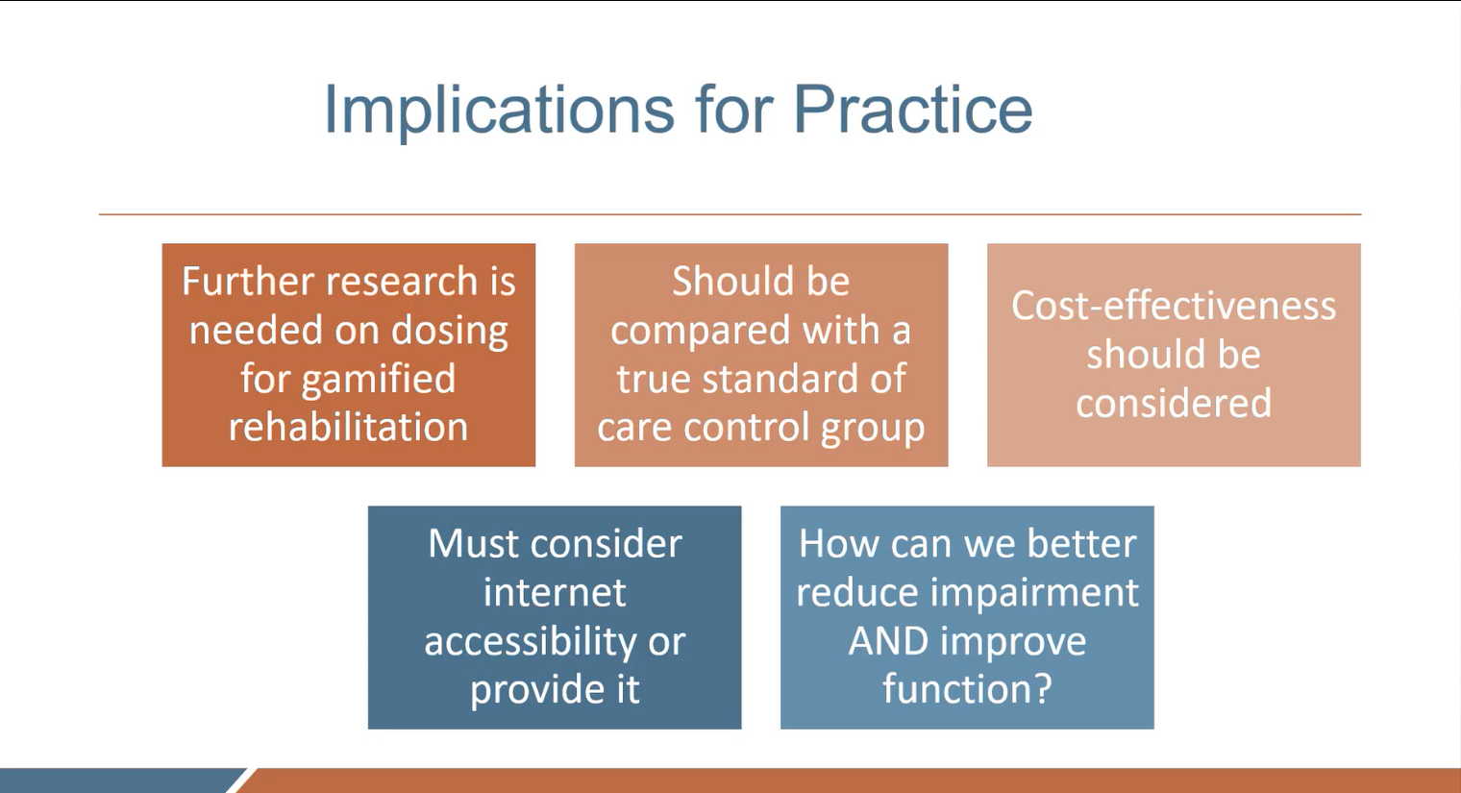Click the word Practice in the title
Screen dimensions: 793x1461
pos(912,111)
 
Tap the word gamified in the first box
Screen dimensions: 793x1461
pos(378,379)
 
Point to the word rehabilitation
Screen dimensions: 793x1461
pos(348,427)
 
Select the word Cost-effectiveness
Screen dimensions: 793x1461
pos(1174,306)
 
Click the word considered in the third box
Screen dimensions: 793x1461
pos(1174,403)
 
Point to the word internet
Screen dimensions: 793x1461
pos(555,592)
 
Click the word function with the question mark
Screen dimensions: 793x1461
pos(967,689)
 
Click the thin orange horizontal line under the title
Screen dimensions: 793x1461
pos(730,214)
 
